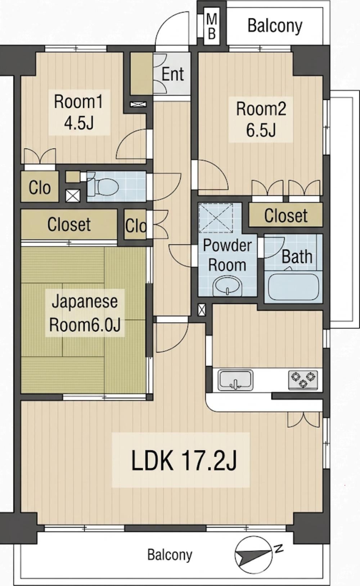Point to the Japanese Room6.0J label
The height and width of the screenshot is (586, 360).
point(85,314)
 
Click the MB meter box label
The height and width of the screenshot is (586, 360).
point(212,26)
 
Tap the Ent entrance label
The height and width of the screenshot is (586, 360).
point(173,74)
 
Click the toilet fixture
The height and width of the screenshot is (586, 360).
point(103,186)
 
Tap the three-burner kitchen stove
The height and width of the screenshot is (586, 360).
point(303,380)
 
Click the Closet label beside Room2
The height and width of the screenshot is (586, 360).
point(286,215)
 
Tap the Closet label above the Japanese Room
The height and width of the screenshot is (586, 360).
point(69,224)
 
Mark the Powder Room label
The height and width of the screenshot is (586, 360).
point(228,255)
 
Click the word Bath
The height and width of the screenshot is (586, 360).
point(297,257)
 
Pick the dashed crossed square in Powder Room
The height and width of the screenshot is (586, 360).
point(216,218)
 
